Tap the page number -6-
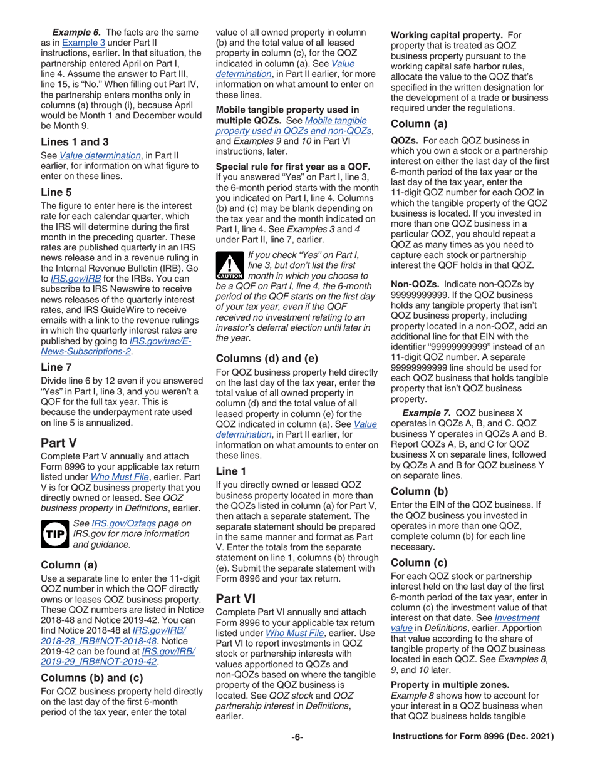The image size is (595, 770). pyautogui.click(x=297, y=755)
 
